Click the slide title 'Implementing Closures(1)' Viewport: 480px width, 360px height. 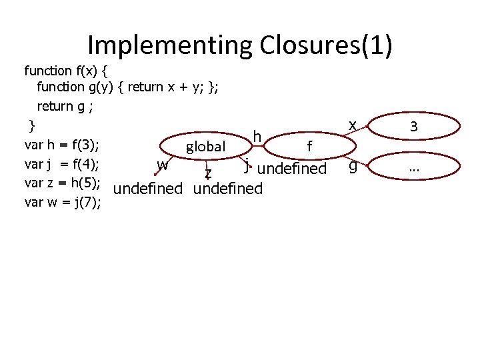pyautogui.click(x=240, y=45)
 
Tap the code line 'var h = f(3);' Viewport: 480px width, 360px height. pyautogui.click(x=62, y=145)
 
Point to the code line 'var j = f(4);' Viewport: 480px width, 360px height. pyautogui.click(x=62, y=163)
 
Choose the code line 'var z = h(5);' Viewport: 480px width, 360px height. pyautogui.click(x=62, y=183)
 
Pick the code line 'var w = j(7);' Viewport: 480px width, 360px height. pyautogui.click(x=63, y=202)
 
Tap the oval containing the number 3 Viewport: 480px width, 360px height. pyautogui.click(x=414, y=126)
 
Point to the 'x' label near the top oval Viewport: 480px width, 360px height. pyautogui.click(x=352, y=125)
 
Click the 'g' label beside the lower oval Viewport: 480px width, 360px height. pyautogui.click(x=353, y=168)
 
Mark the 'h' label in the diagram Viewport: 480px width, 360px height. pyautogui.click(x=257, y=137)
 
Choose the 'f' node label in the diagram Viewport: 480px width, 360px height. pyautogui.click(x=309, y=146)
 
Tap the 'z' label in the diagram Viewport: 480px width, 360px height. pyautogui.click(x=209, y=173)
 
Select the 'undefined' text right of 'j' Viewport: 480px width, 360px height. pyautogui.click(x=291, y=169)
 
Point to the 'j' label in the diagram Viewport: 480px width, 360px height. pyautogui.click(x=247, y=164)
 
